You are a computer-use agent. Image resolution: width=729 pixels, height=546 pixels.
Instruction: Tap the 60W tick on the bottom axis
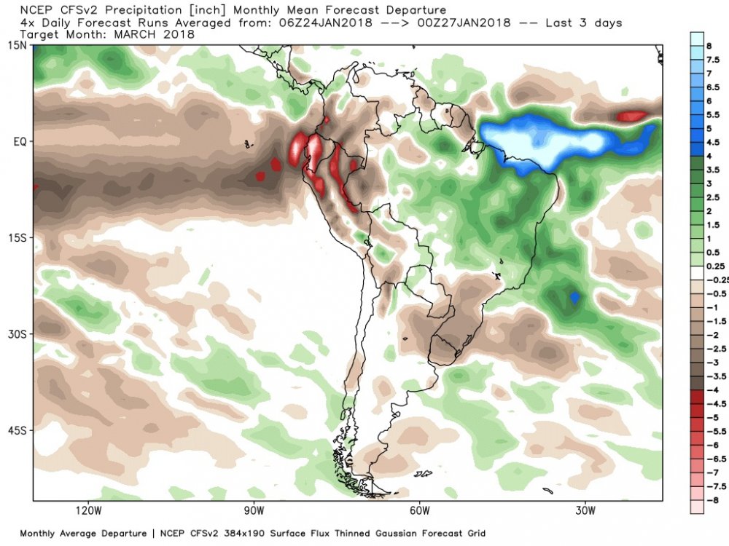[x=419, y=511]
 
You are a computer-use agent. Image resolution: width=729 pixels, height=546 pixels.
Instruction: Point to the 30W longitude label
[x=585, y=511]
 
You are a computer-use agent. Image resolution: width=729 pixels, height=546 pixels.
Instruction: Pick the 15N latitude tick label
[x=18, y=45]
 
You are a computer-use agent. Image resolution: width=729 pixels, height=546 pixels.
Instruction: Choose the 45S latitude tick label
[x=18, y=431]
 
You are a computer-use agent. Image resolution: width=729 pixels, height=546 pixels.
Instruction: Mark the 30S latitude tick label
[x=18, y=335]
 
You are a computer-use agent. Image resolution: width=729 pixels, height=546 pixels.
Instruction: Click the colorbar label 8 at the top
[x=709, y=46]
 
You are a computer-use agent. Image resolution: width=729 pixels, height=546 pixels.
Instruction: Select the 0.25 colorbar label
[x=716, y=266]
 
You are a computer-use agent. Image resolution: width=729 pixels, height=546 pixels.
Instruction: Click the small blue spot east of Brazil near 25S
[x=574, y=297]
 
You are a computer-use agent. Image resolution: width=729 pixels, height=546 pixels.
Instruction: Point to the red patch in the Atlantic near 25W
[x=632, y=116]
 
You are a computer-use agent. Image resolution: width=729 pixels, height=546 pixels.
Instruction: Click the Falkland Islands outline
[x=423, y=474]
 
